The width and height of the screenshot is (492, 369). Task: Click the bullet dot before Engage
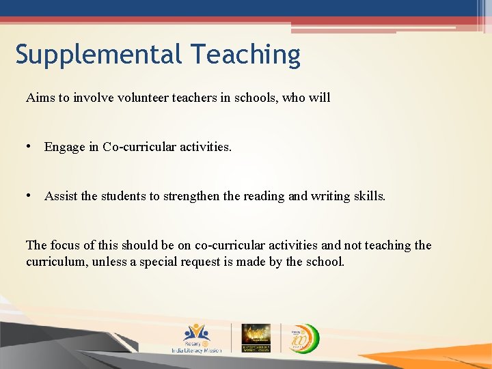[x=29, y=147]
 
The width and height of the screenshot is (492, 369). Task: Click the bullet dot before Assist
[x=29, y=196]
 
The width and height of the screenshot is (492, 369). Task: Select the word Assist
[x=61, y=196]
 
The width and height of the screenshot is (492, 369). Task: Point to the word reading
[x=264, y=196]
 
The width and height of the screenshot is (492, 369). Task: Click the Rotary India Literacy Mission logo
[x=197, y=338]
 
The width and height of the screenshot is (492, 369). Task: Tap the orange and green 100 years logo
[x=301, y=336]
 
